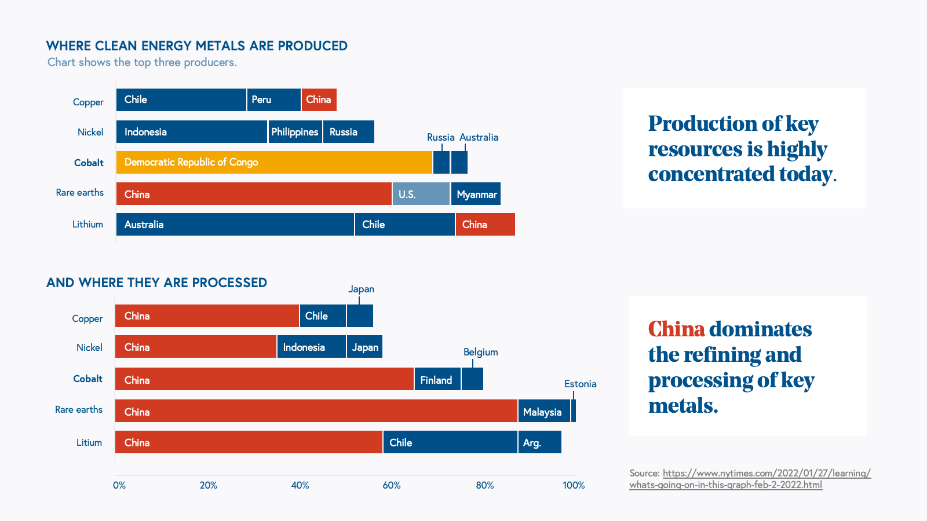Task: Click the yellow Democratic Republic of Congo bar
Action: click(274, 162)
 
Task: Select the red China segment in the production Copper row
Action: click(319, 100)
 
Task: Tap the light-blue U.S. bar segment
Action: click(421, 194)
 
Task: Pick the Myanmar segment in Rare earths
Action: click(476, 194)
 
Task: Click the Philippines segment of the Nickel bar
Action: click(295, 132)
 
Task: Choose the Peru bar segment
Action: click(273, 100)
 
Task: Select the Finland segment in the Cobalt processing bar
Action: click(437, 379)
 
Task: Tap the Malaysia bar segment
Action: click(543, 411)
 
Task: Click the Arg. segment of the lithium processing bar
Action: click(539, 442)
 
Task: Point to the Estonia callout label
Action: click(580, 384)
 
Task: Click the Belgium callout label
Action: click(480, 352)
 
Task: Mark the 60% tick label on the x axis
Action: click(392, 485)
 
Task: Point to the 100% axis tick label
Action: click(574, 485)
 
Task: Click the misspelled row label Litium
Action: click(89, 442)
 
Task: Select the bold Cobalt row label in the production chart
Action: click(89, 163)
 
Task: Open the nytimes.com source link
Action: click(750, 479)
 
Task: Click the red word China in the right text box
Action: click(676, 329)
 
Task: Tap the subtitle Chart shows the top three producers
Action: click(142, 62)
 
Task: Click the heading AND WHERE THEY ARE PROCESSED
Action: click(156, 282)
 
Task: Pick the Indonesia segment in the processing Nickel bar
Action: click(311, 347)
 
